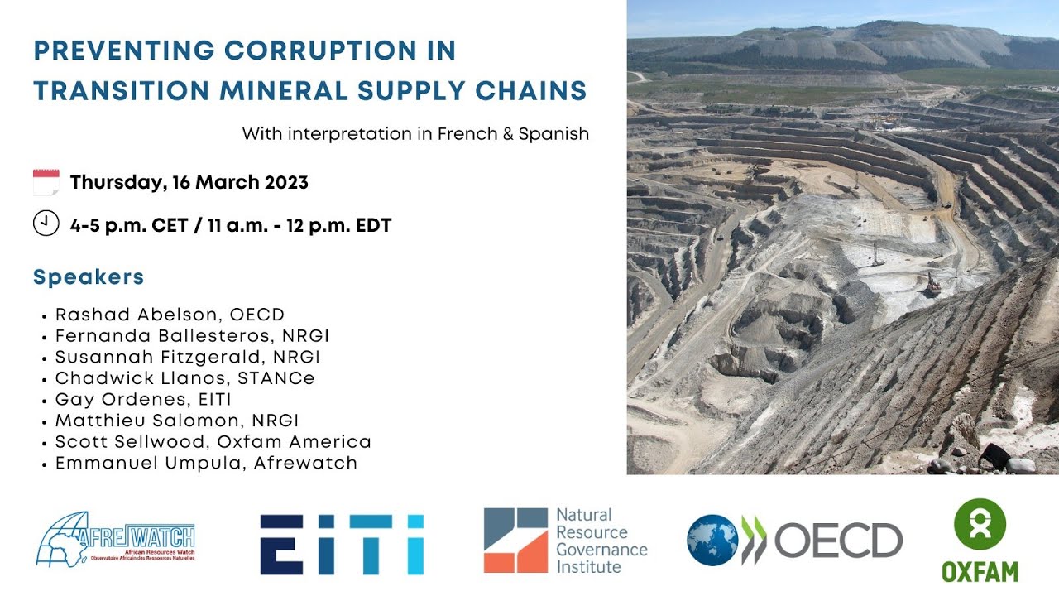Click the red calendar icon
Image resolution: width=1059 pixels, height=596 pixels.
pyautogui.click(x=46, y=182)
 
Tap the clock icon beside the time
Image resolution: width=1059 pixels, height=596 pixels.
pyautogui.click(x=46, y=223)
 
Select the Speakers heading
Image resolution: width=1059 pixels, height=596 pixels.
pyautogui.click(x=89, y=277)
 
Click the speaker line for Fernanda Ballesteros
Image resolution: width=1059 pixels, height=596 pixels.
pyautogui.click(x=193, y=335)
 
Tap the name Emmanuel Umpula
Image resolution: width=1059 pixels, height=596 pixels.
pyautogui.click(x=148, y=463)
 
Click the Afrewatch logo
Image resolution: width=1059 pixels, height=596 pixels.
pyautogui.click(x=116, y=538)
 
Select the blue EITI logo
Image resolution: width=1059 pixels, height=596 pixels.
pyautogui.click(x=342, y=544)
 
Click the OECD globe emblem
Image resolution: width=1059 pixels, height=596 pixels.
pyautogui.click(x=712, y=540)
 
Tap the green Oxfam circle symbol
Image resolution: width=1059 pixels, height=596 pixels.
pyautogui.click(x=980, y=523)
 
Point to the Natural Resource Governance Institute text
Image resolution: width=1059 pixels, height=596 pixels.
pyautogui.click(x=601, y=541)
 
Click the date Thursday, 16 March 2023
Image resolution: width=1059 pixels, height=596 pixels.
pyautogui.click(x=189, y=183)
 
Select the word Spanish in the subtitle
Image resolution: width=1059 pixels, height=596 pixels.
pyautogui.click(x=553, y=134)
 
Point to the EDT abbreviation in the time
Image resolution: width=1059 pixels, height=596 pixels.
pyautogui.click(x=372, y=224)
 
